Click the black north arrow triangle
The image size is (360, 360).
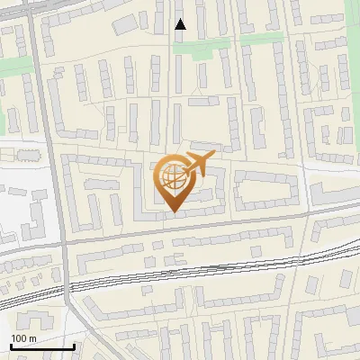180,24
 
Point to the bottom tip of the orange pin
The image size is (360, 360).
172,212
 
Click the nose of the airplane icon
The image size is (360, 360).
213,157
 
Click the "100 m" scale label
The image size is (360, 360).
23,337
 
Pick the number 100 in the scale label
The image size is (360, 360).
19,337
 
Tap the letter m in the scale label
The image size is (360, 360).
32,337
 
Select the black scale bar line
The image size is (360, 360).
42,346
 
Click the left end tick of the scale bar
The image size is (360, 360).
11,345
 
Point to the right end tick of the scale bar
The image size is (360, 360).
74,345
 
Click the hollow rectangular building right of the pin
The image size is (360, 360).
265,189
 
